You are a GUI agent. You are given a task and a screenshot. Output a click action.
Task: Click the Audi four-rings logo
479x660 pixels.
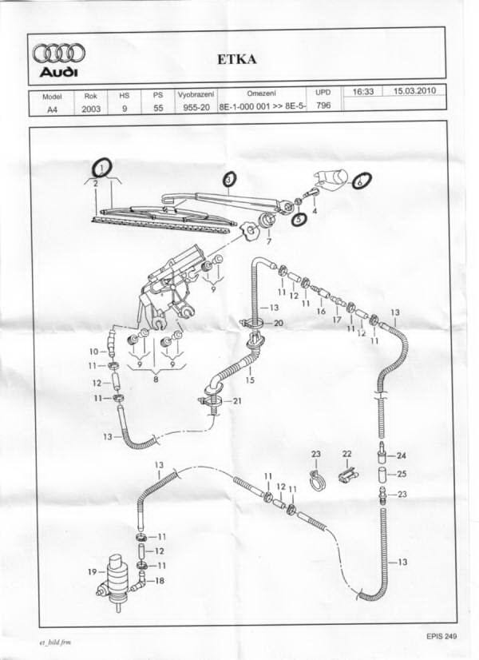coord(59,54)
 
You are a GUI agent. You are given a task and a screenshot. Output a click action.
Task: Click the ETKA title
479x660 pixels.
coord(237,59)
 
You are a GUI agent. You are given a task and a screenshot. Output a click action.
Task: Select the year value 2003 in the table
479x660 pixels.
coord(91,109)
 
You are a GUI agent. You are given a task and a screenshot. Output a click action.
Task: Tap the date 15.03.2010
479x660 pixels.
coord(414,91)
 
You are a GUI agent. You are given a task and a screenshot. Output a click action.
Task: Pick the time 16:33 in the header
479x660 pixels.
coord(363,91)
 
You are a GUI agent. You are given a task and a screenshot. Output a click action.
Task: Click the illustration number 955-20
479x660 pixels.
coord(196,107)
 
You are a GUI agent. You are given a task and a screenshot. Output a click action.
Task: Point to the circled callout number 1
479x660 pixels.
coord(101,168)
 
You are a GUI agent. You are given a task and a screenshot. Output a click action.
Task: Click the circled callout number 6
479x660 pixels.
coord(361,182)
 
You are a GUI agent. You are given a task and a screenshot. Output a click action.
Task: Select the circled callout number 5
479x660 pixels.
coord(299,219)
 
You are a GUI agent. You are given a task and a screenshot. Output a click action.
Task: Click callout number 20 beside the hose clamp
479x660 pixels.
coord(278,324)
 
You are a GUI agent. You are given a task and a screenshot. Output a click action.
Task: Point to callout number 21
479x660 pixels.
coord(237,401)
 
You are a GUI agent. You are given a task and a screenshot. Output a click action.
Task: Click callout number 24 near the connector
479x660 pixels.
coord(402,456)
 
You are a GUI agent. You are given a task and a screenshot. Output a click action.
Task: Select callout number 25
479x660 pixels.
coord(402,474)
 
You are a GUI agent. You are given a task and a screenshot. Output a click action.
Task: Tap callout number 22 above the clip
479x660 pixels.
coord(346,454)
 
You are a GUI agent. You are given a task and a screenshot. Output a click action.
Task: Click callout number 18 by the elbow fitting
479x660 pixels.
coord(160,581)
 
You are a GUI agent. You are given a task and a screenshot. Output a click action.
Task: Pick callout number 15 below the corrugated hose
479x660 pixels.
coord(250,380)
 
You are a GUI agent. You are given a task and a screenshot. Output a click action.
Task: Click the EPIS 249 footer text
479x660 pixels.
coord(441,636)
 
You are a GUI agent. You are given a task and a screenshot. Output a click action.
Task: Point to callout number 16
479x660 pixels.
coord(321,312)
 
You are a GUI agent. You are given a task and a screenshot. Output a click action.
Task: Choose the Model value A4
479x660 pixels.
coord(53,109)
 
